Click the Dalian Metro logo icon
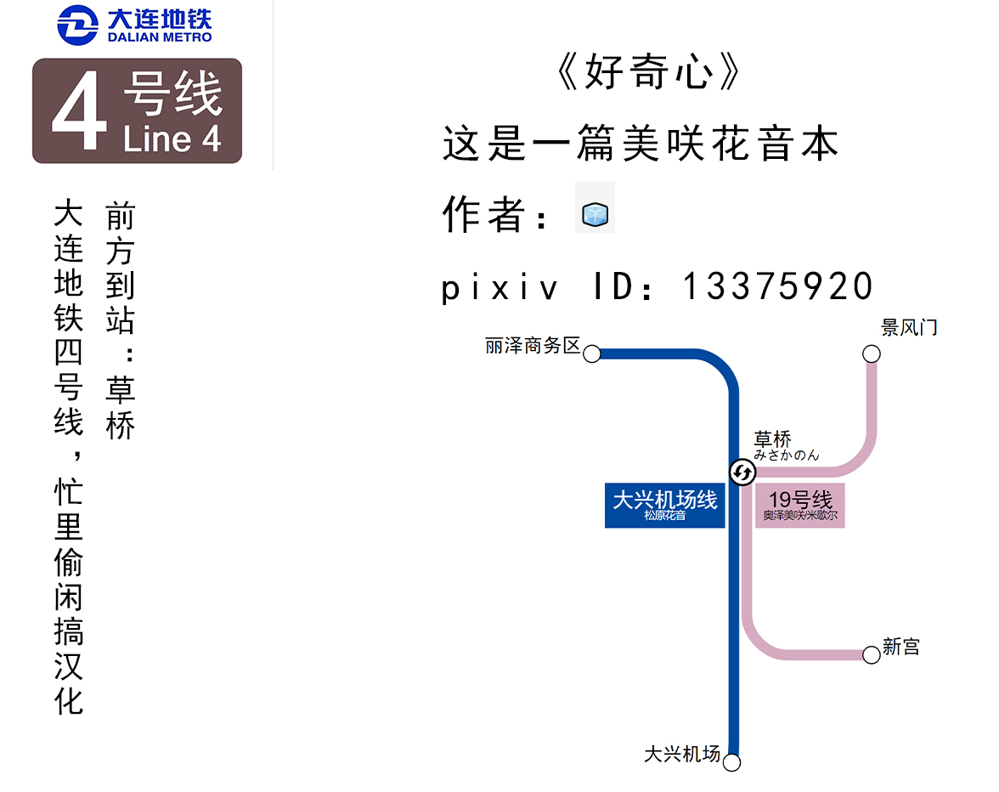78,25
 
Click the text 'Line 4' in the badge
172,139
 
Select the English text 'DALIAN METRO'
160,37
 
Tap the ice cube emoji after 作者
595,214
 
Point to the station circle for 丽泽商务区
592,354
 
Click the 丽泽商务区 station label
533,346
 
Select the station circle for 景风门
871,354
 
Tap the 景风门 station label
909,328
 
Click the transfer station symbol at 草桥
742,472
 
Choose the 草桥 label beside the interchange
773,439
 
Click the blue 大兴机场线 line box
664,505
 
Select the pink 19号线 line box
800,505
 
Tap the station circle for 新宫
871,654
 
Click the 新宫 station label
900,647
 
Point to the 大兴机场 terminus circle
732,762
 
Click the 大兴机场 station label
682,754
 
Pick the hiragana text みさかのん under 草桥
787,455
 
